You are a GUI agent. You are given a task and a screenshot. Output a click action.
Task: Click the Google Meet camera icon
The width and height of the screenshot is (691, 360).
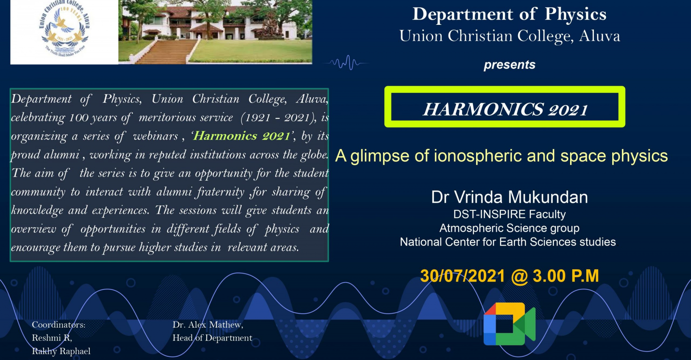509,324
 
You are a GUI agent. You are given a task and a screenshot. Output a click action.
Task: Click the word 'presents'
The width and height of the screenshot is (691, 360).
509,65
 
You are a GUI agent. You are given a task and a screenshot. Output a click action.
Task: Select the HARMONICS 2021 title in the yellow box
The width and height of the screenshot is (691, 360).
505,109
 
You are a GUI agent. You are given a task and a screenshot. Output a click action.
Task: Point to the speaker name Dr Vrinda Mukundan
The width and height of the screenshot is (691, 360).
510,197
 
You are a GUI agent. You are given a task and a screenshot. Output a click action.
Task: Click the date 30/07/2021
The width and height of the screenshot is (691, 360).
463,276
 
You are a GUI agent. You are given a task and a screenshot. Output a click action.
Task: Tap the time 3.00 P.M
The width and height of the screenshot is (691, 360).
566,276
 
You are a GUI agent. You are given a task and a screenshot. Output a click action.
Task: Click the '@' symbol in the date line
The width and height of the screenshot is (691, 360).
519,276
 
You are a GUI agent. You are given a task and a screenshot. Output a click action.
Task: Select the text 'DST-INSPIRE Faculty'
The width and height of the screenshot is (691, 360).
509,215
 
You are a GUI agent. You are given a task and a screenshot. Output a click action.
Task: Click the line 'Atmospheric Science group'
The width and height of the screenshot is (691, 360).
509,228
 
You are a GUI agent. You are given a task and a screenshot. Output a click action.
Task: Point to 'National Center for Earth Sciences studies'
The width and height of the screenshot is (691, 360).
508,242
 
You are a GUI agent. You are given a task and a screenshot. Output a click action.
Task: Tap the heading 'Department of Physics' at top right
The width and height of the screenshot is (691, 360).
509,14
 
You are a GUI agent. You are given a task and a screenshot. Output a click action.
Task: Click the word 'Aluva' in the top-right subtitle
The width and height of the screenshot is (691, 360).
600,36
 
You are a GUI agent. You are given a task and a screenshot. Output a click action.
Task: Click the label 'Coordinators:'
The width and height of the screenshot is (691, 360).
59,325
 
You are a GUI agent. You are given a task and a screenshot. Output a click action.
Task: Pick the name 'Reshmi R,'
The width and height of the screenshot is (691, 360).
52,338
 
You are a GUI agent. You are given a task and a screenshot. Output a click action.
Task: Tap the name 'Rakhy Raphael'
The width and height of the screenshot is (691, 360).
61,351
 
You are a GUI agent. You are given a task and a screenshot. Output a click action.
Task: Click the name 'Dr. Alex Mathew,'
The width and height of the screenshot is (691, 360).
208,325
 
